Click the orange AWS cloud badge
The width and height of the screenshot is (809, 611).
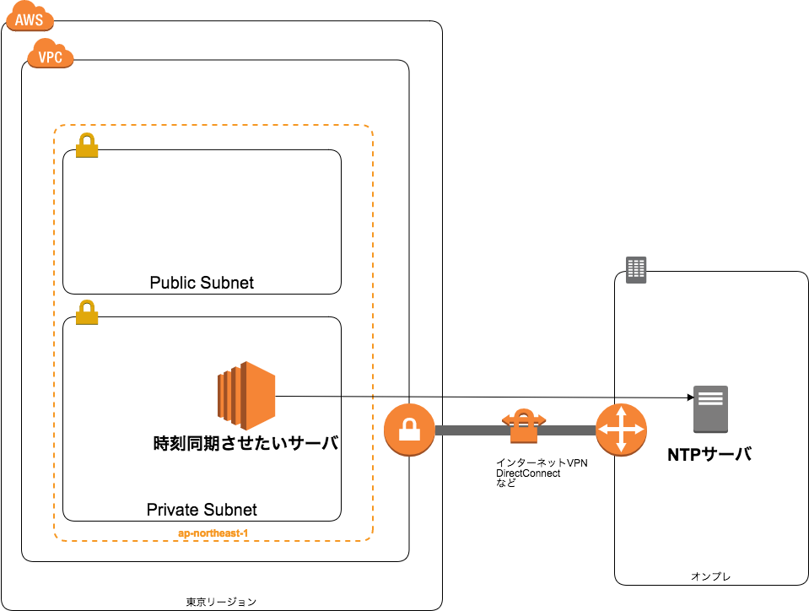30,18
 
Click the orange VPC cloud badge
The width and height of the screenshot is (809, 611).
50,54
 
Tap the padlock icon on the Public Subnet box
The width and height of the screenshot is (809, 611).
87,145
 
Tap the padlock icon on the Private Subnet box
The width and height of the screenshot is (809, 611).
87,312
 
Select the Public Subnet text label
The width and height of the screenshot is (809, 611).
202,283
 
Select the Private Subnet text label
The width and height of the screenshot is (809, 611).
202,510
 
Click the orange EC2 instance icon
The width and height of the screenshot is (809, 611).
246,396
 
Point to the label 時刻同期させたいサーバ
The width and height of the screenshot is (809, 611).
246,443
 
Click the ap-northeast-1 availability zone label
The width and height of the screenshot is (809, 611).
213,533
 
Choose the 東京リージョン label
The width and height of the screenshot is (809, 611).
221,602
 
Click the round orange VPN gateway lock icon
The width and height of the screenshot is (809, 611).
409,430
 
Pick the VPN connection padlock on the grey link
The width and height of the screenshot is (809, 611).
524,426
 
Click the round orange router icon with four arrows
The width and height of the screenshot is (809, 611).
621,430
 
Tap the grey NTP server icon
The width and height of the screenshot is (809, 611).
710,409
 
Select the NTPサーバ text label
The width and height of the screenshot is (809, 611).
709,455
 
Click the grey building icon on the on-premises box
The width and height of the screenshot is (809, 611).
636,270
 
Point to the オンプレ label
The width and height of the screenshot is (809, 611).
710,576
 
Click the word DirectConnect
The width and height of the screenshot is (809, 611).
528,473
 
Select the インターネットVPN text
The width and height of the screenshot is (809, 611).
542,463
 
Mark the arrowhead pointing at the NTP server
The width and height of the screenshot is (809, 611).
691,397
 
